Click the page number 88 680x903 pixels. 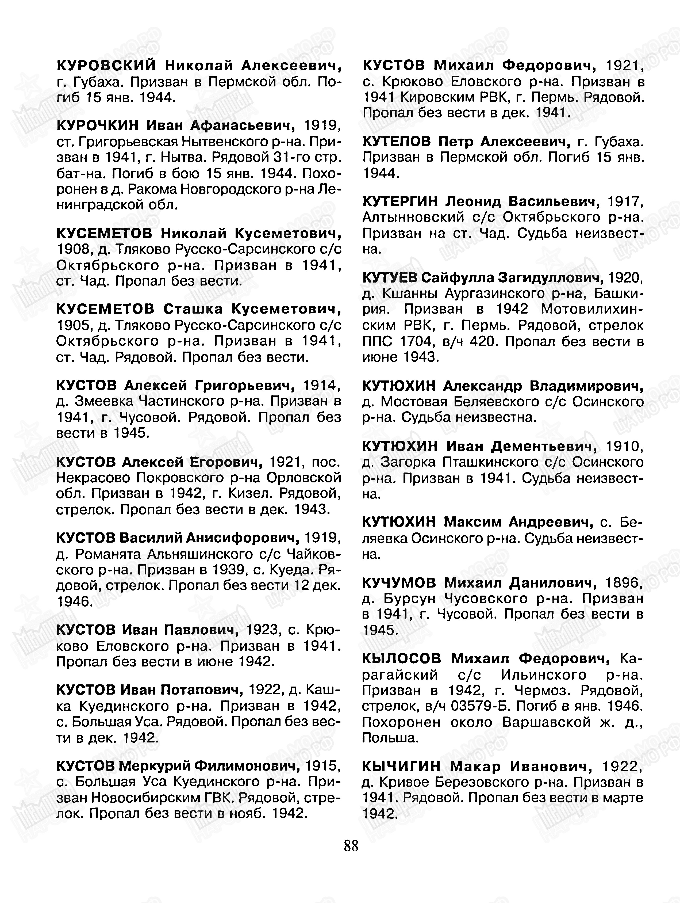(351, 845)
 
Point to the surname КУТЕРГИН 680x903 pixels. (400, 201)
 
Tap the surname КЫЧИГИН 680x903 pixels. (401, 767)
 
